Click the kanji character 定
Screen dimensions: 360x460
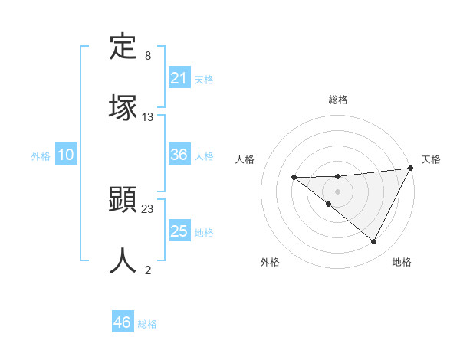click(x=123, y=47)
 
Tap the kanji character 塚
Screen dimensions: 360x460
click(x=123, y=108)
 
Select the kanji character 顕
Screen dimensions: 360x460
click(x=123, y=201)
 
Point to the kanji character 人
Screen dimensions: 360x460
click(x=123, y=260)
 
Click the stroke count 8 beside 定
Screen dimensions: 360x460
click(x=148, y=56)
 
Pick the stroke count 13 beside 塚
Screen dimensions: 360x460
click(x=148, y=117)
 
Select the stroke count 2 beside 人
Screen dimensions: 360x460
click(x=148, y=270)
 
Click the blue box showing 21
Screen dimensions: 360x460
click(x=179, y=78)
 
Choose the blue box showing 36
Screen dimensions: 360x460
click(x=179, y=155)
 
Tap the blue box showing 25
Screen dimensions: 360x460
click(x=179, y=231)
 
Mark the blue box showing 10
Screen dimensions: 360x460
click(x=66, y=155)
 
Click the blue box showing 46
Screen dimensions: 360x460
click(x=123, y=322)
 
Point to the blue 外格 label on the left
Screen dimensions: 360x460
click(x=41, y=156)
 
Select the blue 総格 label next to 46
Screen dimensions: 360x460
click(x=147, y=324)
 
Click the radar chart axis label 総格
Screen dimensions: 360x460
click(x=338, y=100)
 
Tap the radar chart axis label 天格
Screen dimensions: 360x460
click(x=431, y=159)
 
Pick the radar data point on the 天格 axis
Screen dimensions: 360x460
click(x=412, y=168)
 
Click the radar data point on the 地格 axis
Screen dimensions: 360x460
click(x=374, y=242)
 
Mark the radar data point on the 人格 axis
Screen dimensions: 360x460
click(x=294, y=178)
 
